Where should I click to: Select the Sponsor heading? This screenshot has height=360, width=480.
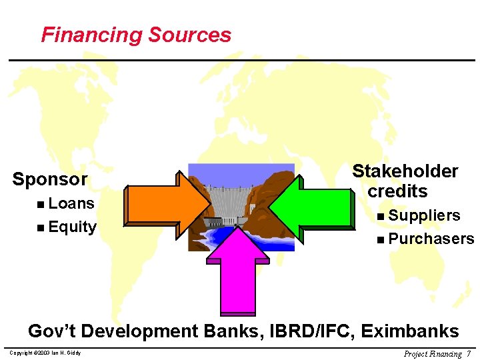[50, 179]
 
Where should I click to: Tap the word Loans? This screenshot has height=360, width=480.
[71, 203]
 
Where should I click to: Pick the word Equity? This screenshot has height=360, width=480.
[72, 227]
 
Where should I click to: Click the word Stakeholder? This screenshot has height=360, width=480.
[405, 171]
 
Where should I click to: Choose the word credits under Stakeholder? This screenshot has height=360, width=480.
[398, 191]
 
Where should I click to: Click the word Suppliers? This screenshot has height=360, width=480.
[424, 215]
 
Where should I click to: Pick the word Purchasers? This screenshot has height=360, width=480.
[431, 239]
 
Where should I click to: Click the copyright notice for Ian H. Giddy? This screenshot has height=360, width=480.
[46, 353]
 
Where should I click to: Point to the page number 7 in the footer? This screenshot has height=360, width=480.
[469, 353]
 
